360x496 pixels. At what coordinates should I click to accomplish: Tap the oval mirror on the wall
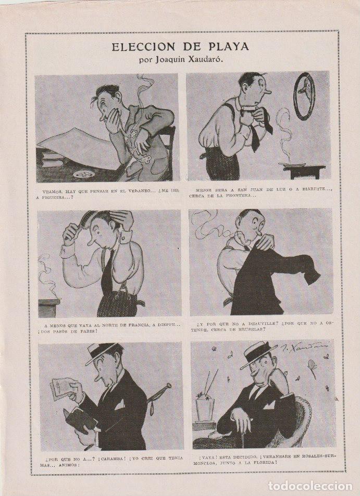coord(304,96)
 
